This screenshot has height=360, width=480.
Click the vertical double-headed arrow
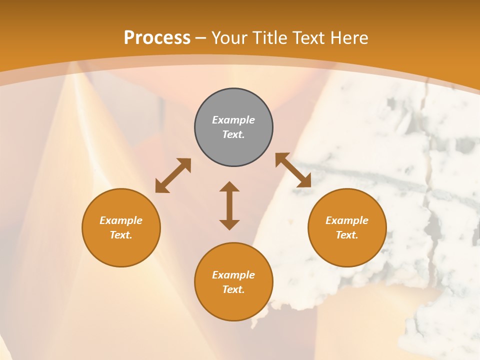click(x=229, y=205)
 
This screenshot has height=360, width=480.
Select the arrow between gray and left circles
click(x=173, y=175)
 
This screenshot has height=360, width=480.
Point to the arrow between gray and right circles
click(x=293, y=170)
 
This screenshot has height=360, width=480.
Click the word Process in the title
click(x=157, y=38)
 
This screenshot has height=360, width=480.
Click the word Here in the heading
click(x=348, y=38)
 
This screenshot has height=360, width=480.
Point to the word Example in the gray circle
click(x=233, y=120)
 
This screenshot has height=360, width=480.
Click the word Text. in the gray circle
click(x=233, y=134)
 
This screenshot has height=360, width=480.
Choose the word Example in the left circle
click(x=121, y=220)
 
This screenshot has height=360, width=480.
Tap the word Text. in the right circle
click(x=347, y=235)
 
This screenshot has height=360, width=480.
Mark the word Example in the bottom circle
click(x=233, y=275)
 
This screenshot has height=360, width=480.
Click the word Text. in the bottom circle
click(x=233, y=289)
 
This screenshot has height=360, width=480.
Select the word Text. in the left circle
click(x=121, y=235)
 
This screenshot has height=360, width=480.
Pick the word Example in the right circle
click(x=347, y=220)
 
